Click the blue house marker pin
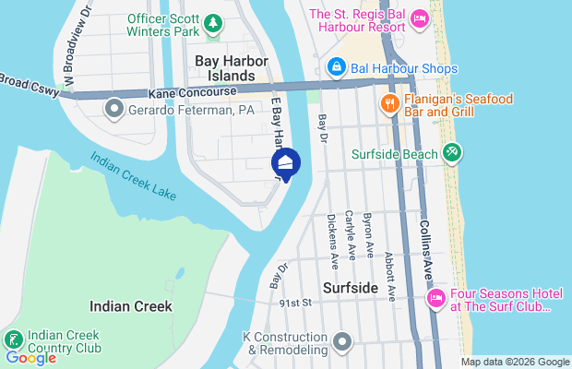(286, 164)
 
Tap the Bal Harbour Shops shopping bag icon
(338, 67)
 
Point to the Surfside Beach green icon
(451, 153)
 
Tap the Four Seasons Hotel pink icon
(435, 298)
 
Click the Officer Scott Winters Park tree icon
(214, 21)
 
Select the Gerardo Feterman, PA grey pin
(114, 110)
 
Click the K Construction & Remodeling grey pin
(343, 342)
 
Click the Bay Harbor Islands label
(225, 67)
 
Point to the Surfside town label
(351, 288)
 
